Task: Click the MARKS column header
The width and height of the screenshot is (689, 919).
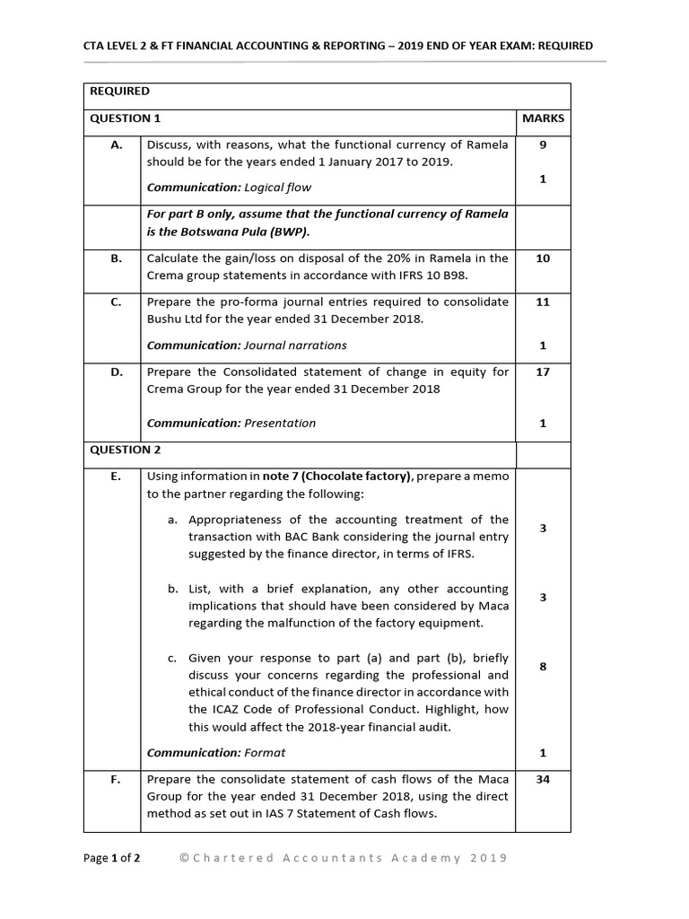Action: coord(543,118)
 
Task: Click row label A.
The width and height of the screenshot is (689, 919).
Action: coord(116,144)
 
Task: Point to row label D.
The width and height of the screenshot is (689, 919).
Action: coord(116,372)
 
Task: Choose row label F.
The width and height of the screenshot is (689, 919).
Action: coord(116,779)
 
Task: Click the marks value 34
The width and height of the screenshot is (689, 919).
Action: coord(543,779)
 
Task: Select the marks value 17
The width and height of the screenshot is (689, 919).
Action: coord(543,372)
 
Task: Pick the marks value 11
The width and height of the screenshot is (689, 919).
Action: coord(543,302)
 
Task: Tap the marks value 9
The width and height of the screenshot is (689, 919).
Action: coord(543,144)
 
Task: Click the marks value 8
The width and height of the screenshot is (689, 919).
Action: coord(543,667)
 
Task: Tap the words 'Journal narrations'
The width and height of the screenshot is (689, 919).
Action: coord(295,346)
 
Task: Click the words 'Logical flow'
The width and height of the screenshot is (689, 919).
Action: coord(277,188)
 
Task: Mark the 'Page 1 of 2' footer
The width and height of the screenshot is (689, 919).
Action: coord(112,858)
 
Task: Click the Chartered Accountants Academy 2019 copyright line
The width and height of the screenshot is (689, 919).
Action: coord(344,858)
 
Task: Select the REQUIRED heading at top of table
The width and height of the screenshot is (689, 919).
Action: coord(119,92)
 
